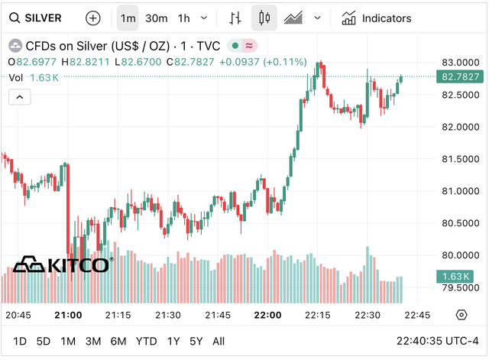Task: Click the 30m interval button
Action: [x=157, y=18]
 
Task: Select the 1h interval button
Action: [x=184, y=18]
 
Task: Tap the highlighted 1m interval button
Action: [x=128, y=18]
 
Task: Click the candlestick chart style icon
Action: [x=265, y=18]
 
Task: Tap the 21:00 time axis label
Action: [x=69, y=315]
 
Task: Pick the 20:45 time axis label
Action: [x=18, y=315]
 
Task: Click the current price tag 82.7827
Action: [x=460, y=76]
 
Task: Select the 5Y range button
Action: [x=196, y=341]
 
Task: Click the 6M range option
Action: [x=118, y=341]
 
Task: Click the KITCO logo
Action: [x=62, y=265]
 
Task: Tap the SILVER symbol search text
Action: [x=43, y=18]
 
